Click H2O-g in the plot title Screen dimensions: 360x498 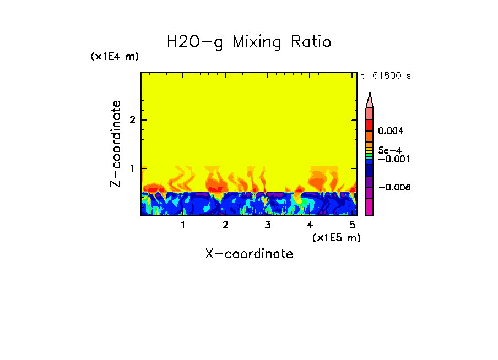coord(195,42)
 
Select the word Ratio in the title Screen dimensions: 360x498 coord(312,42)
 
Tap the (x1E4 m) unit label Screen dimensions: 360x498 coord(115,57)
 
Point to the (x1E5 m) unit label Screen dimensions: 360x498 coord(336,237)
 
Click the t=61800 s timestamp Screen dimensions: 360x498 coord(386,76)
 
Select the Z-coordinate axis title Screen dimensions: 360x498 coord(116,144)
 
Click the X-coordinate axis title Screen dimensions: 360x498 coord(249,254)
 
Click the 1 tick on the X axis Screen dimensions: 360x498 coord(183,225)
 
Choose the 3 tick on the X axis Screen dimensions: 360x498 coord(268,225)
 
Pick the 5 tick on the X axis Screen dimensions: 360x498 coord(352,225)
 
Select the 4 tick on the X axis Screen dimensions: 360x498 coord(310,225)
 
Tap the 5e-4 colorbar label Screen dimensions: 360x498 coord(389,150)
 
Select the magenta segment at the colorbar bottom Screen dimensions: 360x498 coord(370,208)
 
